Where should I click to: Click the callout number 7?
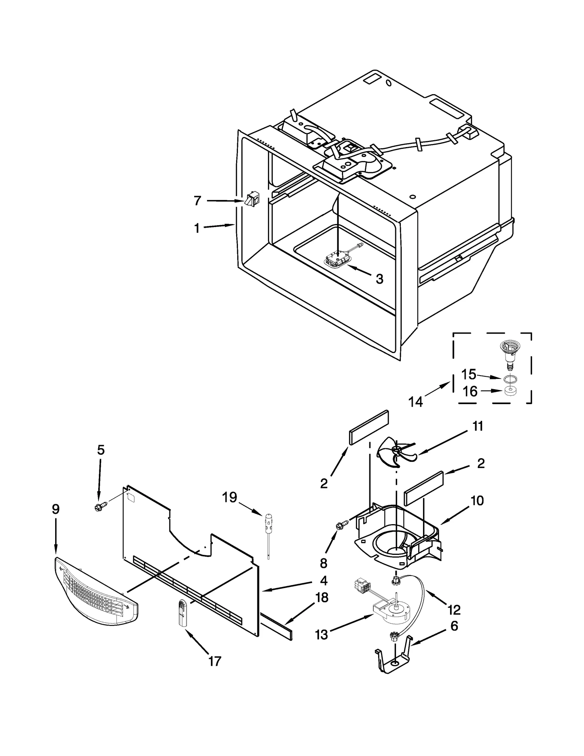coord(197,200)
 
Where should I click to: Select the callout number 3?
coord(380,279)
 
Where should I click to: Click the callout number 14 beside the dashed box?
coord(416,402)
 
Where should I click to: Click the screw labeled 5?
coord(100,507)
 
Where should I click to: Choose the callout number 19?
coord(230,497)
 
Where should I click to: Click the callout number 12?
coord(454,610)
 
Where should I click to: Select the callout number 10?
coord(477,500)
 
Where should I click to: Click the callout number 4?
coord(323,580)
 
